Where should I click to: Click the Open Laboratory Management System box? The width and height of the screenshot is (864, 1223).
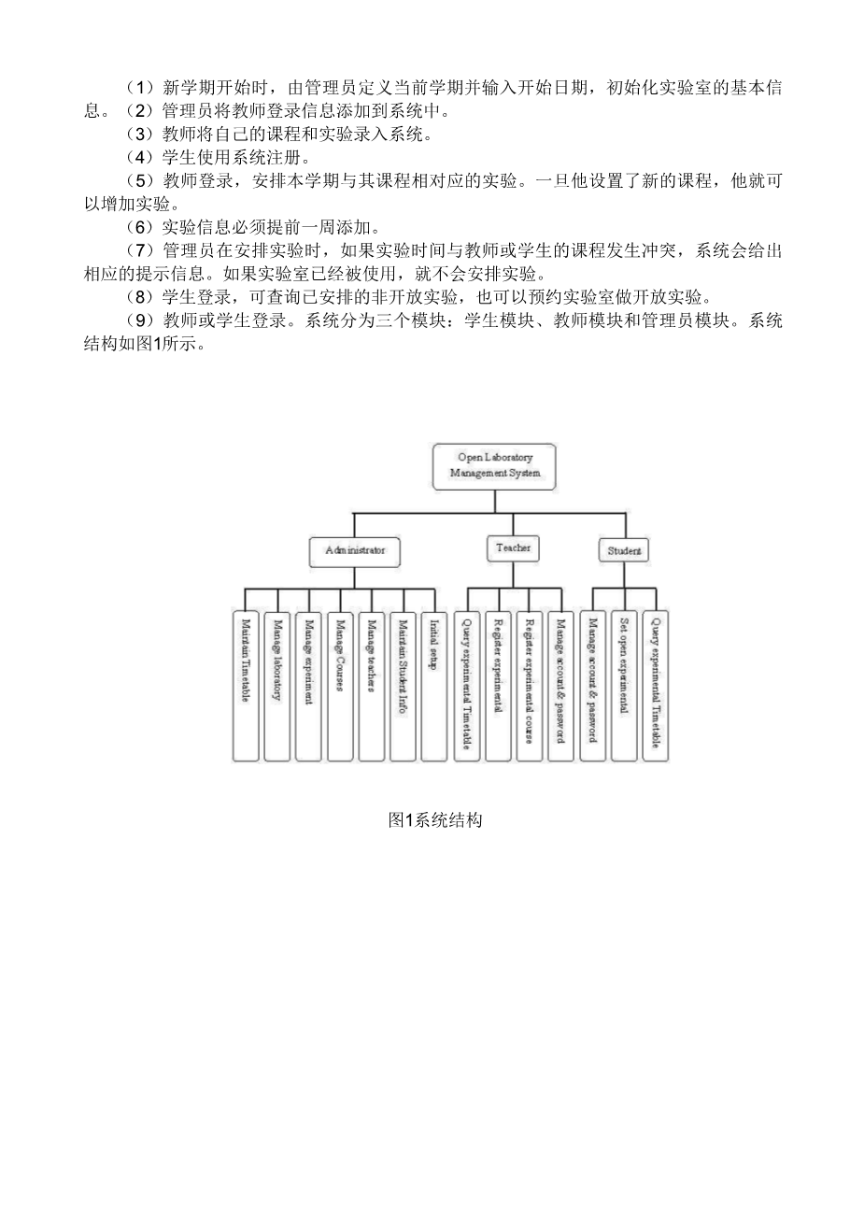click(494, 465)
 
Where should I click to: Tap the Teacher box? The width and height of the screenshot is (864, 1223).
click(513, 548)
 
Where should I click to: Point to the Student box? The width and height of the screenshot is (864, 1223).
click(624, 550)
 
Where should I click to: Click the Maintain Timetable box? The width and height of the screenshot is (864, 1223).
click(245, 686)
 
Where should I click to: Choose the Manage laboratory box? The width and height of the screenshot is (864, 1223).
click(276, 686)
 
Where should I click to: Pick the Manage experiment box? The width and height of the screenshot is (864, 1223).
click(308, 686)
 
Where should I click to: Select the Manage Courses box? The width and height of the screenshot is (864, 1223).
click(340, 686)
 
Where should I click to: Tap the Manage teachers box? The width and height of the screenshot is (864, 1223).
click(372, 686)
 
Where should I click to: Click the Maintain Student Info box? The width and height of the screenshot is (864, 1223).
click(404, 686)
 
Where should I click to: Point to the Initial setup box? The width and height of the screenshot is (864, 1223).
click(434, 686)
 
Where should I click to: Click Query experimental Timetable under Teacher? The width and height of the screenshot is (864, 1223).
click(467, 686)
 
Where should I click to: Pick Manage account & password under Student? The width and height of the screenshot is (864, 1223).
click(592, 686)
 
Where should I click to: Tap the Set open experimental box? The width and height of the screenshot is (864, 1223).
click(623, 686)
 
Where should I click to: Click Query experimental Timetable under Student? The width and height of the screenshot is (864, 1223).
click(655, 686)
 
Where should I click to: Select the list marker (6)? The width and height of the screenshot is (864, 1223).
click(138, 227)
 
